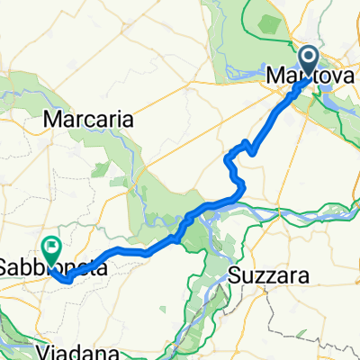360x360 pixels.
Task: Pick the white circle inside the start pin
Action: (x=310, y=59)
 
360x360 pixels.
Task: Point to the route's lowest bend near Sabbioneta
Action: (x=67, y=280)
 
